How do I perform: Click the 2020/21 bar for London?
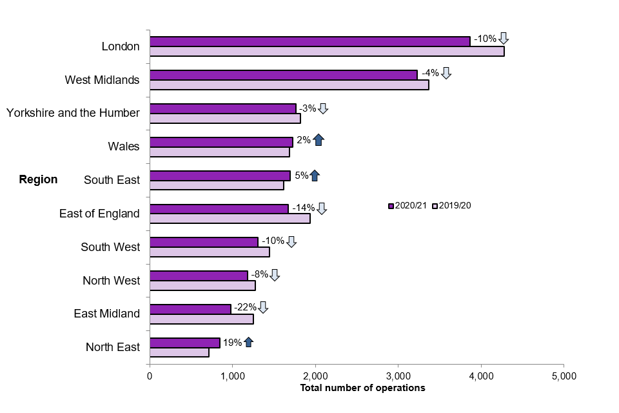309,41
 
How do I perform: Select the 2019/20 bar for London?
327,52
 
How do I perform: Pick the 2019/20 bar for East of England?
230,218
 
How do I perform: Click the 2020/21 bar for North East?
184,342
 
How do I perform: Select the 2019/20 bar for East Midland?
201,319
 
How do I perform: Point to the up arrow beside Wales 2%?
319,139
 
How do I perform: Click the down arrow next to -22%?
262,307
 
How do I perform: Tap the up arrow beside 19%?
248,342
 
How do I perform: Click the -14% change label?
303,208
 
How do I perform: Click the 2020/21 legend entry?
408,206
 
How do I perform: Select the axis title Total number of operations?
362,388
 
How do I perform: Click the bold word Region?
38,179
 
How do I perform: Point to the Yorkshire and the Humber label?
73,113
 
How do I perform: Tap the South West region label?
110,247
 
